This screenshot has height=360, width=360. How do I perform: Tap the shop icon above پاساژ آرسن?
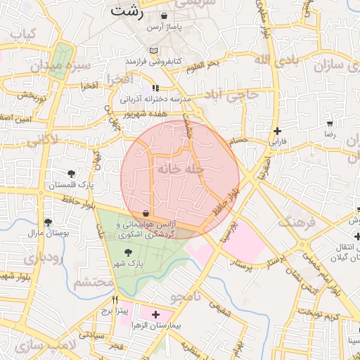pyautogui.click(x=164, y=15)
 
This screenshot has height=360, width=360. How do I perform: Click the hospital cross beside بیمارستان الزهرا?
pyautogui.click(x=155, y=314)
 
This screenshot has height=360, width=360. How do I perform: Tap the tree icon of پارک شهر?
pyautogui.click(x=127, y=252)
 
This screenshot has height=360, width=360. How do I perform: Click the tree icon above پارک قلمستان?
pyautogui.click(x=71, y=174)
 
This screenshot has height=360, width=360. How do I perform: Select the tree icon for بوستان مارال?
pyautogui.click(x=48, y=222)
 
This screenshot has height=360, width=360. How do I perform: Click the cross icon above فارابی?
pyautogui.click(x=278, y=131)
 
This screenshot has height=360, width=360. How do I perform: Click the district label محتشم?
pyautogui.click(x=94, y=282)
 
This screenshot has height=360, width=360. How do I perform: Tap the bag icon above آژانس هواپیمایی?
pyautogui.click(x=146, y=212)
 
